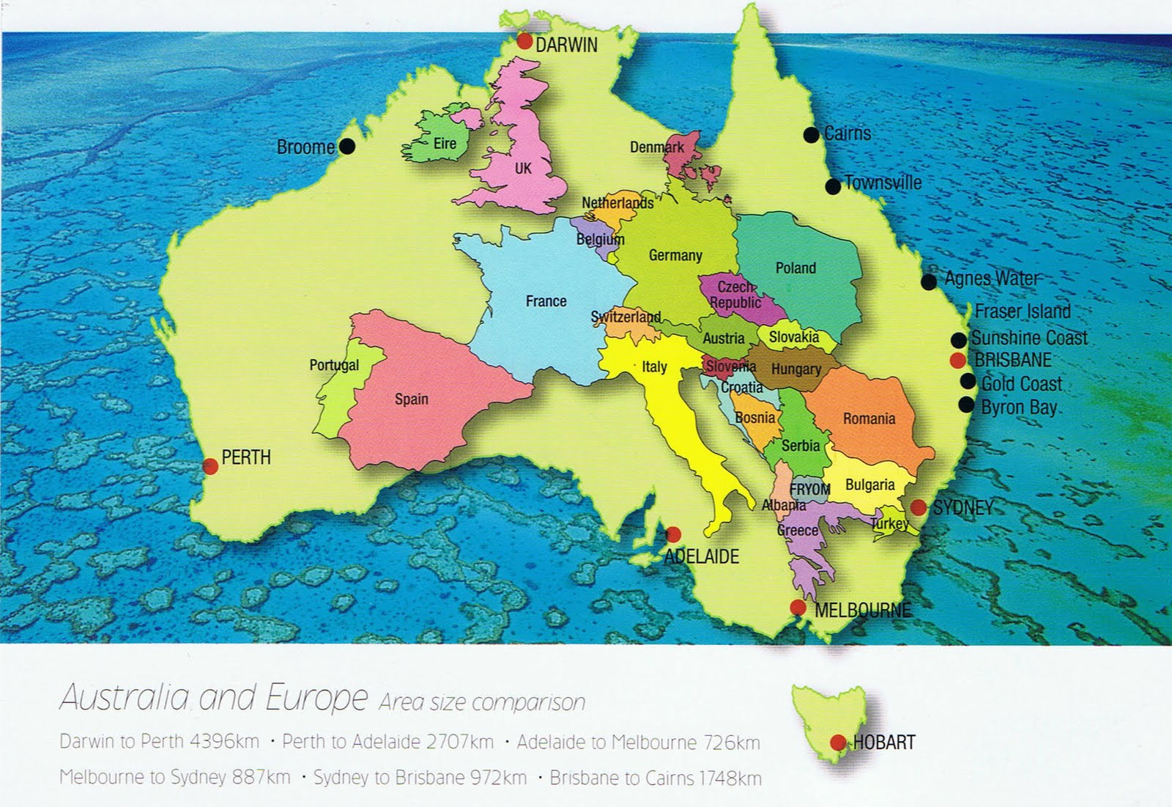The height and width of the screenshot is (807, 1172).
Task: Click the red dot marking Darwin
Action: coord(524,42)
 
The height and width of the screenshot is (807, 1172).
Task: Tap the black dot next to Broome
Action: coord(347,147)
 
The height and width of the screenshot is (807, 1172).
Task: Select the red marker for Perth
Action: coord(210,466)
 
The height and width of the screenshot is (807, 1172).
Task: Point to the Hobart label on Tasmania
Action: coord(883,742)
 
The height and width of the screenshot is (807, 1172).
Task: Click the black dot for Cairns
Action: coord(811,135)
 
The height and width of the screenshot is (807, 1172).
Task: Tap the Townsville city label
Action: coord(883,183)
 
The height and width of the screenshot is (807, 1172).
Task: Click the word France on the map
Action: coord(546,301)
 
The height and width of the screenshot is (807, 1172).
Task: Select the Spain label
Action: coord(411,399)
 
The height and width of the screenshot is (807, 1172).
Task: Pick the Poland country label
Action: coord(795,268)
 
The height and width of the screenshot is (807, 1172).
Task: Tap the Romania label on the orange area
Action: coord(869,419)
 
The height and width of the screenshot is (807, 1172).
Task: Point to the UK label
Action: coord(523,169)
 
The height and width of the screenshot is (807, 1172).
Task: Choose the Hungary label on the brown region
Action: coord(795,369)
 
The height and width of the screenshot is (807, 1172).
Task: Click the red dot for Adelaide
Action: coord(673,534)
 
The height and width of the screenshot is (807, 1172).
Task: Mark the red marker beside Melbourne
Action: coord(798,608)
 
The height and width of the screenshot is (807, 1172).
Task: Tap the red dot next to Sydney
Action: coord(918,507)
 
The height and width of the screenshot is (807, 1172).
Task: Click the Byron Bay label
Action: coord(1018,408)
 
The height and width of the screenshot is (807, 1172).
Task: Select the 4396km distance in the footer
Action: coord(224,741)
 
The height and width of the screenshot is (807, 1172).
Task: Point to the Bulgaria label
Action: coord(869,485)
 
